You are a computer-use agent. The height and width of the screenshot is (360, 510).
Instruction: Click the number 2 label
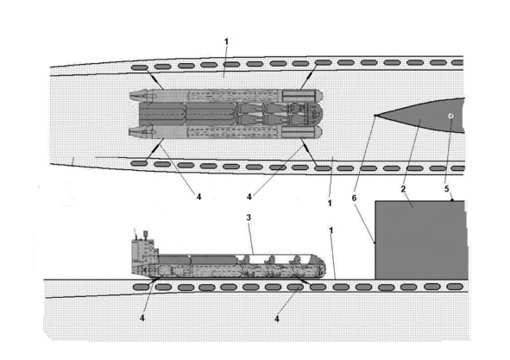tap(403, 189)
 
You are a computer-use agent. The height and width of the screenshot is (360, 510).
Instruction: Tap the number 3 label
tap(249, 218)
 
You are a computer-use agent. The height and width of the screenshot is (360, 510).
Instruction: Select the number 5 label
tap(447, 189)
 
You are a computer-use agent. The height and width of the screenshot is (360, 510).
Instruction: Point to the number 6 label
tap(354, 198)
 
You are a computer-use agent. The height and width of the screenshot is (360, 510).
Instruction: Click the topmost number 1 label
tap(226, 41)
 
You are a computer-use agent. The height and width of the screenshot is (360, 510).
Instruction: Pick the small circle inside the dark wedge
tap(450, 117)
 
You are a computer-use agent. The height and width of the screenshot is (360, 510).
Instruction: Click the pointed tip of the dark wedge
tap(375, 116)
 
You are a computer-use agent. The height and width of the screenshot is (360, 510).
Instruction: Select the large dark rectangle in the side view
tap(420, 240)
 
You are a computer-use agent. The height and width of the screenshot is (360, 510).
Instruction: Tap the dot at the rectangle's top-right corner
tap(452, 200)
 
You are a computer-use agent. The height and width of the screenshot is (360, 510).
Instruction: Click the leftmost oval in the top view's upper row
tap(139, 67)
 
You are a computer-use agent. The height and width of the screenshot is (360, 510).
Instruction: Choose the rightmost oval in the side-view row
tap(455, 287)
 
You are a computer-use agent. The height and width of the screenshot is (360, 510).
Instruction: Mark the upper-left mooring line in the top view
tap(153, 78)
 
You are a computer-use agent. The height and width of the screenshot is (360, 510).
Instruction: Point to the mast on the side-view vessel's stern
tap(146, 236)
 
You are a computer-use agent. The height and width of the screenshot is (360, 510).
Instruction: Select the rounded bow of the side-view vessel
tap(320, 267)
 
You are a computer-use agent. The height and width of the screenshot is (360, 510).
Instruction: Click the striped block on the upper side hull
tap(299, 96)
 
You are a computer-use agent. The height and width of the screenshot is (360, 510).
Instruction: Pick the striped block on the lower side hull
tap(299, 132)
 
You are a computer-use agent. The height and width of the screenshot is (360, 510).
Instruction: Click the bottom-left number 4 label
tap(142, 318)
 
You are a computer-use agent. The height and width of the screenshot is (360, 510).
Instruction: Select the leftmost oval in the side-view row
tap(142, 287)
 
